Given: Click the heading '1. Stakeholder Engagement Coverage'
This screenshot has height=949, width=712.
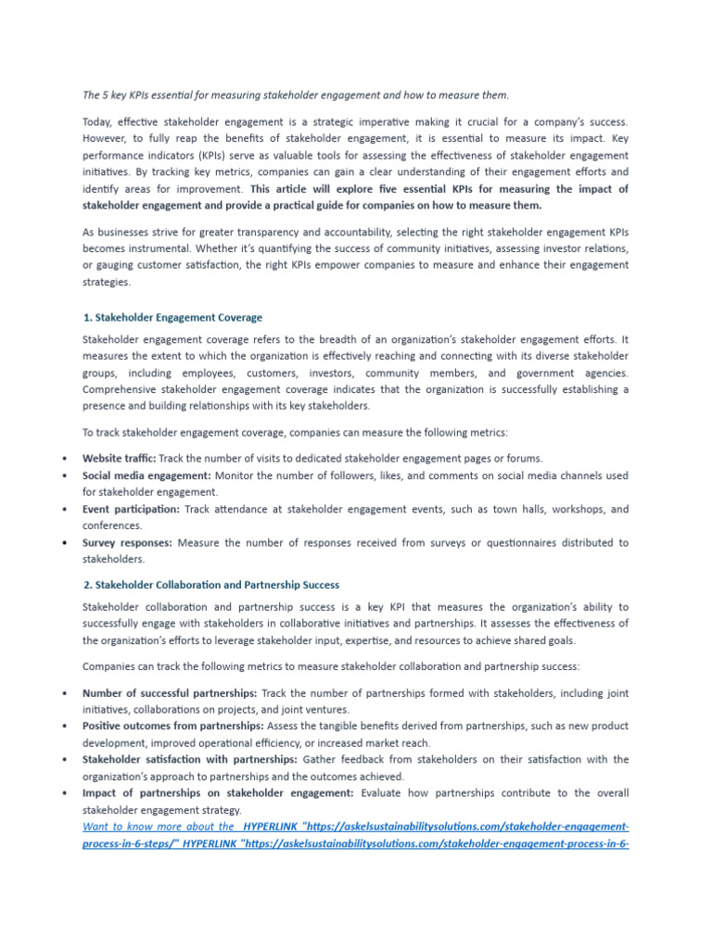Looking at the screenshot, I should tap(172, 318).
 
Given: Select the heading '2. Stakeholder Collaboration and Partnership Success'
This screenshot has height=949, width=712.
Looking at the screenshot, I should tap(211, 585).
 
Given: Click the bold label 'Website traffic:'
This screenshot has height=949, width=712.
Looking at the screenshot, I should tap(119, 458).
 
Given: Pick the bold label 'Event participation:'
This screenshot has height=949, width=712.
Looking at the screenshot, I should tap(131, 509).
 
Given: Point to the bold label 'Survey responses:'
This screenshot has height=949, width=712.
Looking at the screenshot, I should tap(126, 542).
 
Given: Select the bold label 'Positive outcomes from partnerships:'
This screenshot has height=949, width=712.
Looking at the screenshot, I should tap(172, 726).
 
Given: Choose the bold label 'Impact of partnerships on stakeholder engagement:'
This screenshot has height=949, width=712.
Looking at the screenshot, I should tap(218, 792).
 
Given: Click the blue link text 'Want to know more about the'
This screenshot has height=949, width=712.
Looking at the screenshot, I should tap(158, 826).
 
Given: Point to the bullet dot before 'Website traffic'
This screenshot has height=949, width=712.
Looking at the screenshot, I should tap(63, 459).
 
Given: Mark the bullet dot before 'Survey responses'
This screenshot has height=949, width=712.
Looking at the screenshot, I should tap(63, 543).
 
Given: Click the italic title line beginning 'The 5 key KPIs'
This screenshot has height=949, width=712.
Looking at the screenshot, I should tap(296, 95).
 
